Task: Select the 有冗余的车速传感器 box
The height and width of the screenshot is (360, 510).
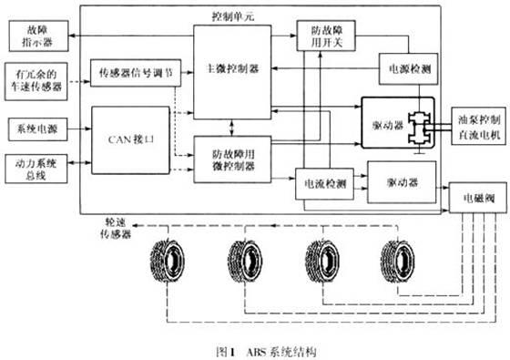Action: [x=33, y=77]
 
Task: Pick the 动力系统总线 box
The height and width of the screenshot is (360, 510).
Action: [x=33, y=170]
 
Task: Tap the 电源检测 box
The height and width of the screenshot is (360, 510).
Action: [x=407, y=69]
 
